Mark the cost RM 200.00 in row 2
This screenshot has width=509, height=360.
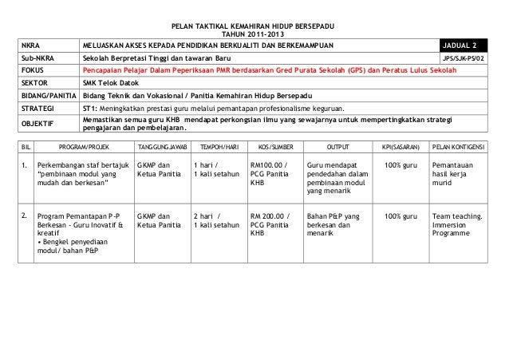coord(270,216)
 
